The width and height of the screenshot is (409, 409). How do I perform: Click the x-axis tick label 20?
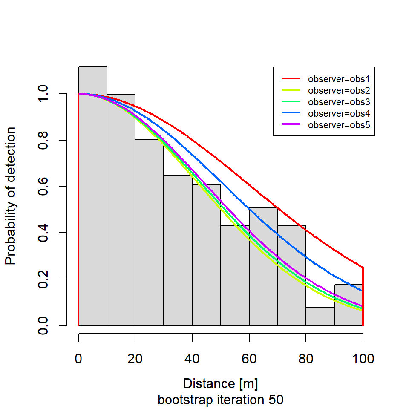[135, 359]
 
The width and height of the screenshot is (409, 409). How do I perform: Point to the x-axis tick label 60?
[249, 359]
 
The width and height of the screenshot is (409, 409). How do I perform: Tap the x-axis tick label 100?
[363, 359]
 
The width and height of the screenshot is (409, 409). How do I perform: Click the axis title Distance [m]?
[220, 383]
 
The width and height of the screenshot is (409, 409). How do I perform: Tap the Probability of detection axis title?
[11, 196]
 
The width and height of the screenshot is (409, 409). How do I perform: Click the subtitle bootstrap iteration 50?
[220, 400]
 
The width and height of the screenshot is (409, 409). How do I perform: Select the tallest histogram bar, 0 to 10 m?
[92, 196]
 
